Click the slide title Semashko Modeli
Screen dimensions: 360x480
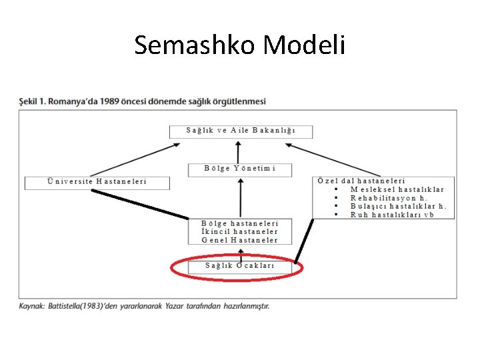pos(239,45)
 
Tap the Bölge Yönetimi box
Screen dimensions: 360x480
pos(239,169)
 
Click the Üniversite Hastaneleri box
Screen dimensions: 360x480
pos(97,181)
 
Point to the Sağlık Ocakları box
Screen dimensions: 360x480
pos(239,266)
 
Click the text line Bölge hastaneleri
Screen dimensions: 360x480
pos(239,223)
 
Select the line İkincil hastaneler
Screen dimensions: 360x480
pos(239,231)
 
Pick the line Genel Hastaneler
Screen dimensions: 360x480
pos(239,240)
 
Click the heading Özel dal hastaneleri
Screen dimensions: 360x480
pos(361,181)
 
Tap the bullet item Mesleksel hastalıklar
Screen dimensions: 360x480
pos(397,189)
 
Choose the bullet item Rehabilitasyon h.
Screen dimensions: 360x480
pos(389,198)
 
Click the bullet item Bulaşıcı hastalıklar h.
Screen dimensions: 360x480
pos(398,206)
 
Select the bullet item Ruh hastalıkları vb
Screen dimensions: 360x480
pos(392,215)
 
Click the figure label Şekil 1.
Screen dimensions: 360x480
pos(31,101)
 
